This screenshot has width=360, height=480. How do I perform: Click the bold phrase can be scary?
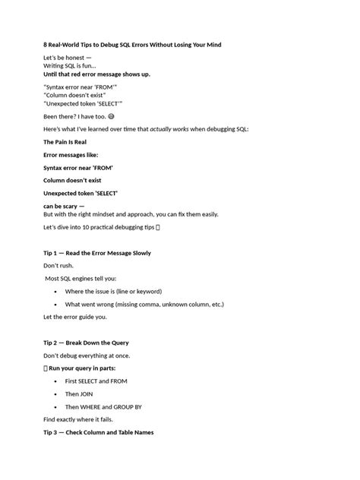pyautogui.click(x=61, y=207)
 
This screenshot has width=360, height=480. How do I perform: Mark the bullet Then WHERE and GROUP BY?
pyautogui.click(x=113, y=407)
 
